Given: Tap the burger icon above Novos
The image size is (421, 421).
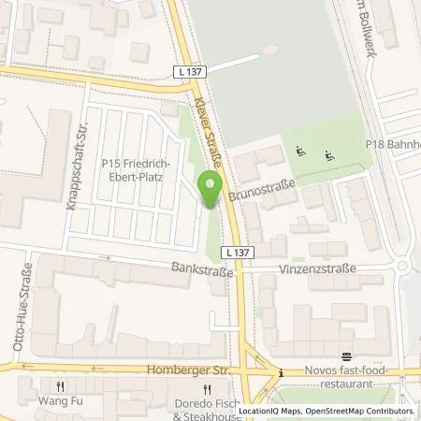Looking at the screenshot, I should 346,356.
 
